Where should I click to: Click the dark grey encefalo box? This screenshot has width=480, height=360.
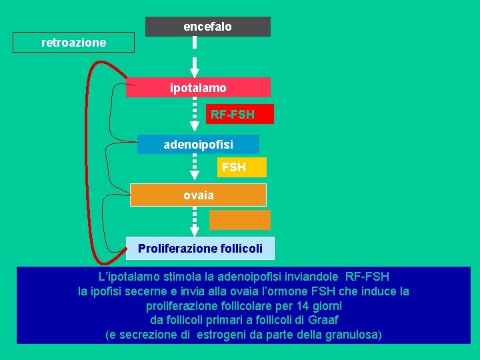click(x=208, y=27)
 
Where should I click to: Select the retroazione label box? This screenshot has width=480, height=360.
click(x=73, y=43)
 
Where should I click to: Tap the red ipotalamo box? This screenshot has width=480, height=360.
click(x=198, y=87)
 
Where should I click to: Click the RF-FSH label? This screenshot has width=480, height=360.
click(x=232, y=115)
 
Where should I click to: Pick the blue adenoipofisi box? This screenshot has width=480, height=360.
click(x=198, y=144)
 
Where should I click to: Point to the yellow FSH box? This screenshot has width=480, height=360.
click(x=233, y=167)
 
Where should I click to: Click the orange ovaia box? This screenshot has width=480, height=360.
click(x=198, y=195)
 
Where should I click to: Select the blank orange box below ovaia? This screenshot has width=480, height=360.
click(x=240, y=220)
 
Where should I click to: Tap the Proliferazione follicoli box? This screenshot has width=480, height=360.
click(x=200, y=249)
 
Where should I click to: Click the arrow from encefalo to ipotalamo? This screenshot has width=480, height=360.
click(x=195, y=57)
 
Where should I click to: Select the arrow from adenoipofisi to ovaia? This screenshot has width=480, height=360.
click(x=195, y=167)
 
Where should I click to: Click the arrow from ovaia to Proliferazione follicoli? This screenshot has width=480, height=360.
click(x=195, y=221)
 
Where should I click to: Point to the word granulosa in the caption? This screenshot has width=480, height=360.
click(x=353, y=335)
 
